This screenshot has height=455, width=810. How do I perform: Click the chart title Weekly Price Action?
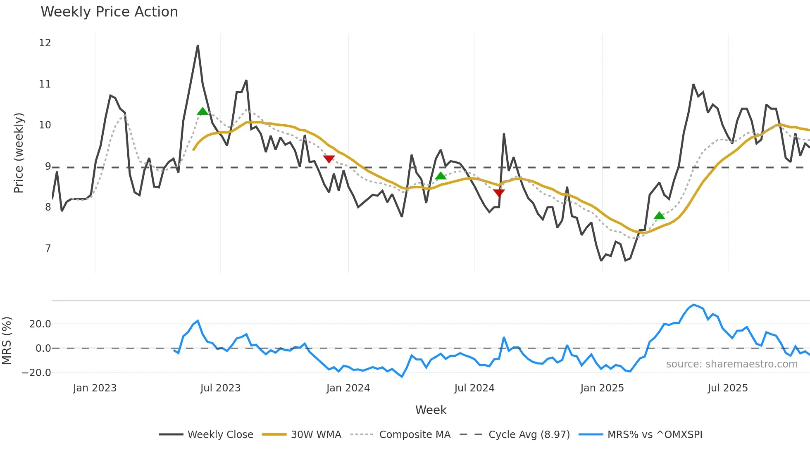[x=109, y=12]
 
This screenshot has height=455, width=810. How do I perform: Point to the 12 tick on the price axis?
[x=45, y=43]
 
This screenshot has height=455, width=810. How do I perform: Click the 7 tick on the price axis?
[x=48, y=249]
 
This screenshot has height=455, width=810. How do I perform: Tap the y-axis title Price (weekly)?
[x=19, y=153]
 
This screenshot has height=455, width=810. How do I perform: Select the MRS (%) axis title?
[x=7, y=341]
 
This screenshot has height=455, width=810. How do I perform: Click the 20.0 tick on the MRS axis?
[x=40, y=324]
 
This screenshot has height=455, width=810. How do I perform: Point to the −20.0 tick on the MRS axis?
[x=36, y=373]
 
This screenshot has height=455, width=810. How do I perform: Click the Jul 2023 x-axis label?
[x=220, y=388]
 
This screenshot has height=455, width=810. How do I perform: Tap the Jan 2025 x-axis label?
[x=602, y=388]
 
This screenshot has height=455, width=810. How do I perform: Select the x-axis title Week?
[x=431, y=410]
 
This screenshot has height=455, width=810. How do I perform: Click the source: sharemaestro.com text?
[x=731, y=364]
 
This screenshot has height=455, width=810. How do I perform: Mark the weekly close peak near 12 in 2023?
[x=198, y=46]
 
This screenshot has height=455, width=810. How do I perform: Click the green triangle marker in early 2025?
[x=659, y=216]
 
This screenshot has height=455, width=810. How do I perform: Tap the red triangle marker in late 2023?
[x=329, y=159]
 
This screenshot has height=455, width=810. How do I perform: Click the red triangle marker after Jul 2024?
[x=499, y=193]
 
